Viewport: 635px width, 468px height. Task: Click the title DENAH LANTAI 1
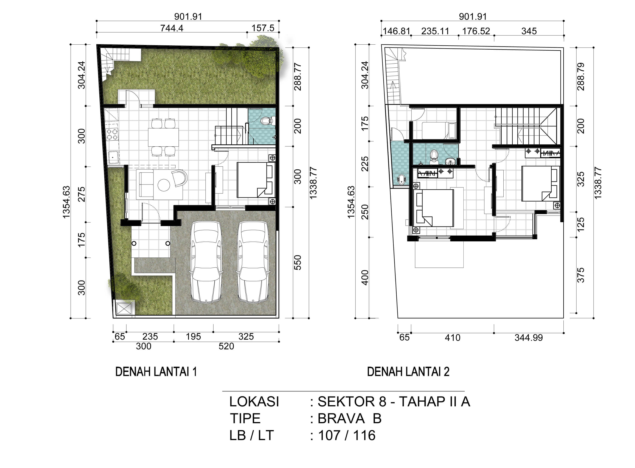click(156, 372)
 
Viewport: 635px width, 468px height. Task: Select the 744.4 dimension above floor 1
click(172, 28)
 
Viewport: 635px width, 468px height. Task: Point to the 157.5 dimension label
click(263, 28)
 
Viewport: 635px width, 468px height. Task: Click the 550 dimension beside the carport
click(297, 262)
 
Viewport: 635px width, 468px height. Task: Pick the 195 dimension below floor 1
click(193, 337)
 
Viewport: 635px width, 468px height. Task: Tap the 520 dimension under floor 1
click(226, 346)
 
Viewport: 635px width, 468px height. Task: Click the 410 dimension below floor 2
click(452, 338)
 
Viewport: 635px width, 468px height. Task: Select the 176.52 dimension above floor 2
click(476, 31)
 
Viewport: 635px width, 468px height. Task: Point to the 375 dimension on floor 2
click(581, 275)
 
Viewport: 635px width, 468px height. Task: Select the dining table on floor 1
click(163, 137)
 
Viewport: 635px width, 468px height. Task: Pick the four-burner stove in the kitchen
click(112, 135)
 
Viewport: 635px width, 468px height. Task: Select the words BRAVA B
click(349, 418)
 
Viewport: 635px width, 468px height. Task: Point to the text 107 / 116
click(347, 435)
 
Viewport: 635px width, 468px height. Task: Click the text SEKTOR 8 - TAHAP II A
click(394, 402)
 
